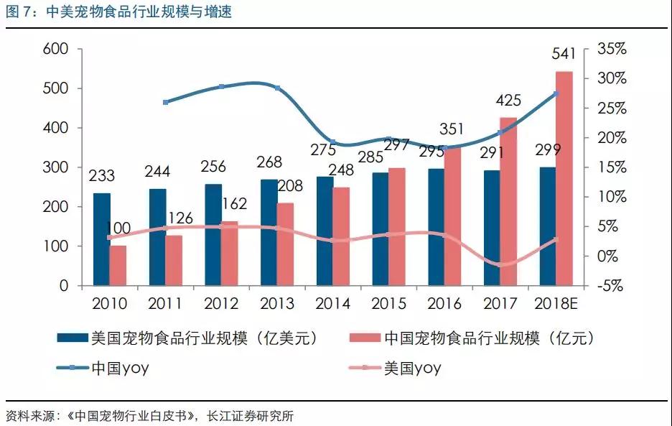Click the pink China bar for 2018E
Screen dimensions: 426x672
point(564,178)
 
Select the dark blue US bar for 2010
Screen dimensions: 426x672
point(102,239)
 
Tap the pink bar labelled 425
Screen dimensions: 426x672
point(508,201)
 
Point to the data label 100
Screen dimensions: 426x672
point(118,228)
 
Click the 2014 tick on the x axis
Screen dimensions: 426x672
point(333,304)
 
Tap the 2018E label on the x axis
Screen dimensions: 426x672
point(555,304)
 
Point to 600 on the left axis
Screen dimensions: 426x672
point(56,50)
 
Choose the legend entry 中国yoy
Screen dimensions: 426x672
point(119,369)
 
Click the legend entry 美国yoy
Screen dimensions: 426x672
point(412,369)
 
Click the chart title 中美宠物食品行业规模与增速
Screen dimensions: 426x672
point(139,11)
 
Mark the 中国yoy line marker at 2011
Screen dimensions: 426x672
point(166,102)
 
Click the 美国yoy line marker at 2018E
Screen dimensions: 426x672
point(556,239)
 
